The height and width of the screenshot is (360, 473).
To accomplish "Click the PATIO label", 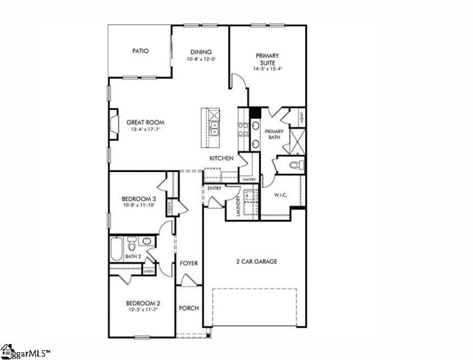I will click(x=140, y=51).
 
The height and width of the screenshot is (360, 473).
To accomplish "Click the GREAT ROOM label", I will click(x=145, y=122).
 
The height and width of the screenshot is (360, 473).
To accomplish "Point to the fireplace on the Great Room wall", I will click(x=112, y=125).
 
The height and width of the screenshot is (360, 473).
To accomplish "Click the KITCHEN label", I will click(x=221, y=158).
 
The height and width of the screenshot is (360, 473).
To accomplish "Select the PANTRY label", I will click(x=248, y=179).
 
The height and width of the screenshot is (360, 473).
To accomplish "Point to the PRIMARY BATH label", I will click(x=274, y=134).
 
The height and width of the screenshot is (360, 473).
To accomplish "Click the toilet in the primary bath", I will click(x=297, y=164).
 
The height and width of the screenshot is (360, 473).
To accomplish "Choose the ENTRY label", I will click(x=214, y=188).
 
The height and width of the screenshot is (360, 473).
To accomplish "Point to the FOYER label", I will click(x=189, y=263).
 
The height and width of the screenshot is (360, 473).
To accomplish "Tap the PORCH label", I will click(x=189, y=308).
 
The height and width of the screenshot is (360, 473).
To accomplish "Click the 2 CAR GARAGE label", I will click(x=257, y=261).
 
